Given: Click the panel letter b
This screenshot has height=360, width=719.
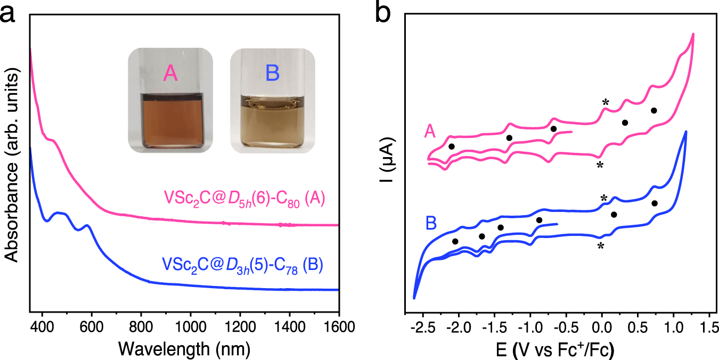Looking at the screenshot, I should click(x=383, y=12).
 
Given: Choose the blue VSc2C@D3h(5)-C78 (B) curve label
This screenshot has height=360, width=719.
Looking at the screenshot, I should click(x=242, y=265).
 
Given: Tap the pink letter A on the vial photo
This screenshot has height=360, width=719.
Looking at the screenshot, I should click(x=170, y=73).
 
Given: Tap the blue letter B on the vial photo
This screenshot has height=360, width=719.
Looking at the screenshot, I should click(x=272, y=73).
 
